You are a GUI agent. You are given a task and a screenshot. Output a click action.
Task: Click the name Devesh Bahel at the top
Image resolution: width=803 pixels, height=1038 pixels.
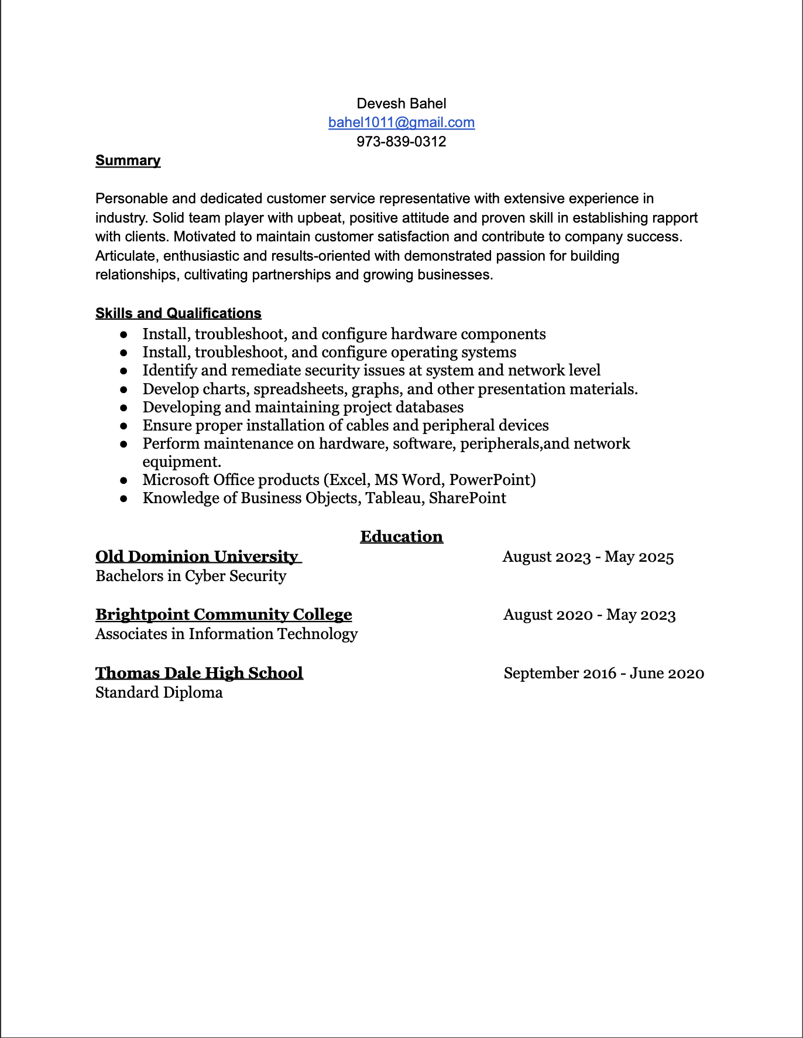coord(401,104)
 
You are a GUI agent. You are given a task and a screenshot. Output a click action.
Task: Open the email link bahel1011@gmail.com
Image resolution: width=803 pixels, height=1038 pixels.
coord(401,122)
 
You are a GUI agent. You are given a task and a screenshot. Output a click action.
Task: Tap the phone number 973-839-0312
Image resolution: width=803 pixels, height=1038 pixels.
coord(401,142)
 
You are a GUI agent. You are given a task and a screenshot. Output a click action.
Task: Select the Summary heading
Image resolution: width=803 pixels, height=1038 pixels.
coord(128,161)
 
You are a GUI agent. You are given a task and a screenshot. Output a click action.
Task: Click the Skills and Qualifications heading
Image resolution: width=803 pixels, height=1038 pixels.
coord(178,313)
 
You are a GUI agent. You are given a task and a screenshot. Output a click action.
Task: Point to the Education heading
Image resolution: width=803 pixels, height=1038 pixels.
coord(401,537)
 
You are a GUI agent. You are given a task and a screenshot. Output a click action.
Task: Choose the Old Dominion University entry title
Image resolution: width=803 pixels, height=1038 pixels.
coord(197,556)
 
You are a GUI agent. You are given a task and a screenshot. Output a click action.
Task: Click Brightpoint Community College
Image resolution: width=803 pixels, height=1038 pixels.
coord(224,614)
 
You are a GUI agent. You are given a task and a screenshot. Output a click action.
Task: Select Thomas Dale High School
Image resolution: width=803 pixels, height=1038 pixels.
coord(199,673)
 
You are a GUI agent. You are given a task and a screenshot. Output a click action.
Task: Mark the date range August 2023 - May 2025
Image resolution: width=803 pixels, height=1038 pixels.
coord(588,556)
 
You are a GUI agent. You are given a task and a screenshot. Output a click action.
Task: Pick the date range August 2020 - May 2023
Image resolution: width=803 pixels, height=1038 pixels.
coord(589,614)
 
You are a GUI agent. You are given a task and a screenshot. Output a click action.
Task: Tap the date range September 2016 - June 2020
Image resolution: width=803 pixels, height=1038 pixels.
coord(603,673)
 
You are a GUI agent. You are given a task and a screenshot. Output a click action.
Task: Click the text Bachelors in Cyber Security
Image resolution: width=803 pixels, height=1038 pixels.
coord(191,576)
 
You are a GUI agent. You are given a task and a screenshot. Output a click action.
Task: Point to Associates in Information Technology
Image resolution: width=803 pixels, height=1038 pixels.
coord(226,634)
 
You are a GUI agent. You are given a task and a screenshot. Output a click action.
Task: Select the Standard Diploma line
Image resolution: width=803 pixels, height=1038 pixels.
coord(159,692)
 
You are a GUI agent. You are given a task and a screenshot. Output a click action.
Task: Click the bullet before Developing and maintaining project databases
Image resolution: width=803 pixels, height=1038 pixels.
coord(123,407)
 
